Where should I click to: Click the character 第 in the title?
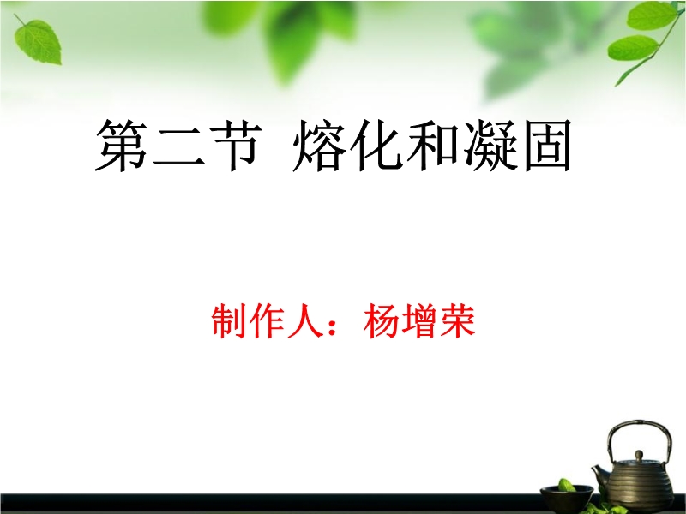(122, 146)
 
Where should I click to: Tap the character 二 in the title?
(179, 147)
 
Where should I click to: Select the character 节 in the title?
(236, 146)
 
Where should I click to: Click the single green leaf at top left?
(39, 40)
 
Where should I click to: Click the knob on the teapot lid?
(639, 455)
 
